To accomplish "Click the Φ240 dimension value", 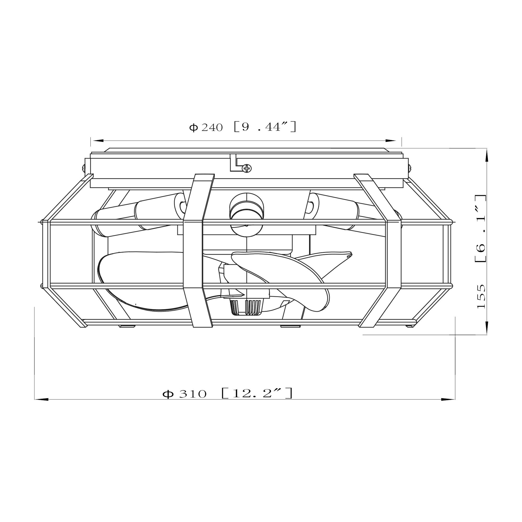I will click(x=206, y=127).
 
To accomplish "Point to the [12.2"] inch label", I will click(x=257, y=393).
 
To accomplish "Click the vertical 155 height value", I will click(x=481, y=296).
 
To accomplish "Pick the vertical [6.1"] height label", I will click(x=481, y=228).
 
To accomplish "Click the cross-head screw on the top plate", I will click(x=246, y=168).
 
